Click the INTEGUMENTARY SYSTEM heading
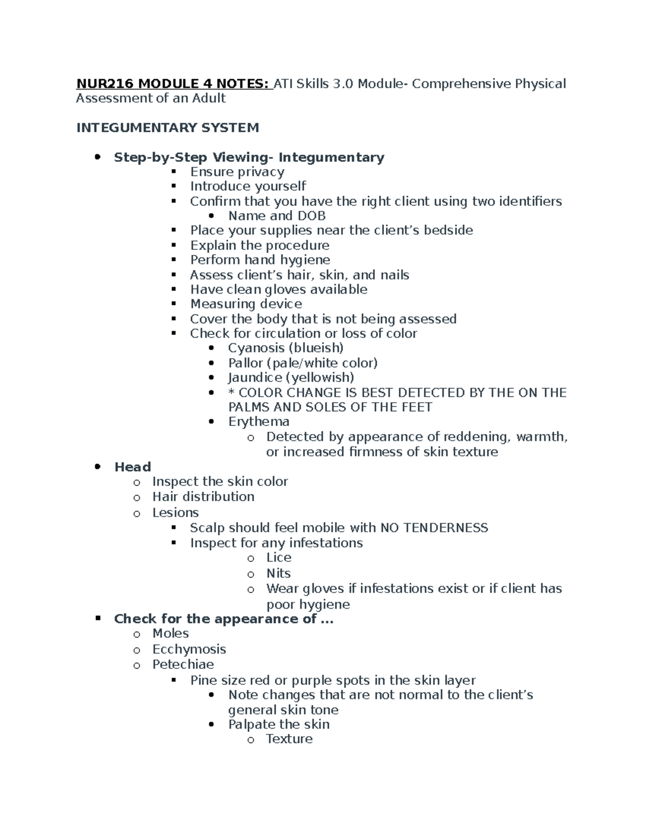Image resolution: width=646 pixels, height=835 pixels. pyautogui.click(x=167, y=127)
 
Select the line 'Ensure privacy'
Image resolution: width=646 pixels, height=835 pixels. pyautogui.click(x=237, y=172)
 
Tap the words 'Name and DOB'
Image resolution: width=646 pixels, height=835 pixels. pyautogui.click(x=277, y=216)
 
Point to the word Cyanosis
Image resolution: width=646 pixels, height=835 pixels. pyautogui.click(x=255, y=348)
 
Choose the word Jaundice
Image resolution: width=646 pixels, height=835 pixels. pyautogui.click(x=255, y=377)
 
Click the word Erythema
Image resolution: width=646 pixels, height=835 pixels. pyautogui.click(x=258, y=422)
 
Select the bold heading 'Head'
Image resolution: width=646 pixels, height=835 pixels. pyautogui.click(x=132, y=467)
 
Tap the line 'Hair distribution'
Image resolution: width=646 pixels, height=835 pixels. pyautogui.click(x=203, y=496)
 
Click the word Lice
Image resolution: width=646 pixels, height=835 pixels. pyautogui.click(x=278, y=558)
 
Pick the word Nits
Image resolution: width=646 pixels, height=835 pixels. pyautogui.click(x=278, y=573)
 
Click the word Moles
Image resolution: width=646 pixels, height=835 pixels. pyautogui.click(x=170, y=633)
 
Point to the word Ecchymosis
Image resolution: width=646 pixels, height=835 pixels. pyautogui.click(x=189, y=649)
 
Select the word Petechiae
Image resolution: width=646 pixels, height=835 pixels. pyautogui.click(x=183, y=665)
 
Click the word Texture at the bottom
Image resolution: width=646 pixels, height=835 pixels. pyautogui.click(x=289, y=739)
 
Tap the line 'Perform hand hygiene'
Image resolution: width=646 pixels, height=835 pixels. pyautogui.click(x=260, y=260)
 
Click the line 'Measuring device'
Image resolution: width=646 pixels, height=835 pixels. pyautogui.click(x=245, y=304)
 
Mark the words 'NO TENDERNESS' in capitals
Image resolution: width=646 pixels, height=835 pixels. pyautogui.click(x=434, y=528)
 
